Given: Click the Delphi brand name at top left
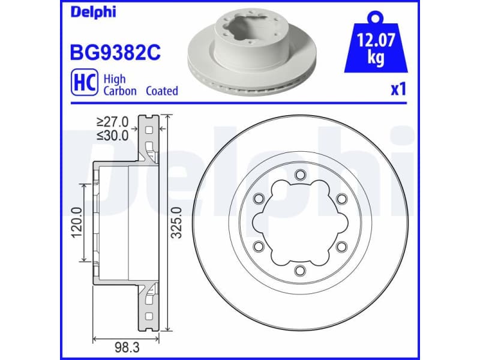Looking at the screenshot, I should (x=94, y=12).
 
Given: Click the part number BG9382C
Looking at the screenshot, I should (x=116, y=52).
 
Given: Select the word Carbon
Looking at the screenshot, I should (x=120, y=91).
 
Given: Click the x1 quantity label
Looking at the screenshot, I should (x=398, y=90).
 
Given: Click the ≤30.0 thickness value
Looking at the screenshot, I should (x=112, y=135).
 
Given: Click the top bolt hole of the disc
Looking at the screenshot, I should (x=299, y=175).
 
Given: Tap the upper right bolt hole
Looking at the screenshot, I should (x=340, y=199).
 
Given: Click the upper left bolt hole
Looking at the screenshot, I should (x=259, y=199).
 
